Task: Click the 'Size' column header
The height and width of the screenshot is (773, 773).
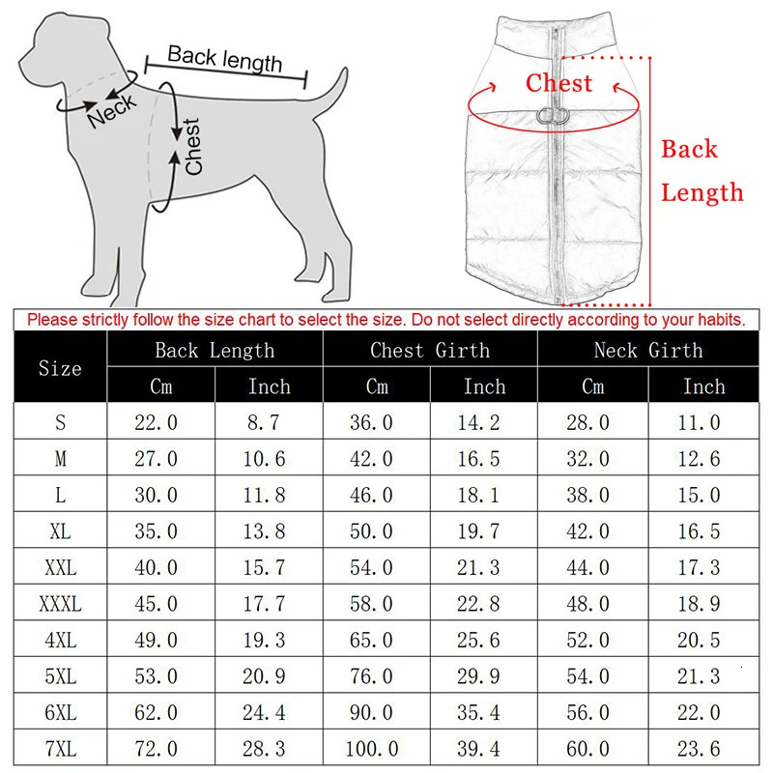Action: click(x=60, y=368)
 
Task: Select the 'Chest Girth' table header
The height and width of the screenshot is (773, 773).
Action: click(x=430, y=350)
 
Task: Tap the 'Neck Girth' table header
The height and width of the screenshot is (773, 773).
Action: click(x=648, y=350)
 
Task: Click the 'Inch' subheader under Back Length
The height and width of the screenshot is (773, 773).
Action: click(x=269, y=386)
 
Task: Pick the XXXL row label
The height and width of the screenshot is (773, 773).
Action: click(x=60, y=605)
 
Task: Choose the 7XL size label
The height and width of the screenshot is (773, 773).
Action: click(x=60, y=749)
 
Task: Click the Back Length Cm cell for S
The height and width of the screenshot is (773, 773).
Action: click(x=156, y=422)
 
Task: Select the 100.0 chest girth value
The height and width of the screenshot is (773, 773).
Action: click(x=371, y=749)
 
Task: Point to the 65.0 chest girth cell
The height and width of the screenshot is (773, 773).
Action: click(x=371, y=641)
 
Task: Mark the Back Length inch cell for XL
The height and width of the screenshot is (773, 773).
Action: click(x=265, y=531)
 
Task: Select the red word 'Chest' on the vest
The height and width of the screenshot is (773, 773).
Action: click(x=558, y=83)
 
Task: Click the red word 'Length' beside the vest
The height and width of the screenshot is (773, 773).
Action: click(x=702, y=192)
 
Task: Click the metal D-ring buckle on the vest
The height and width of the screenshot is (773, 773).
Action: click(x=553, y=116)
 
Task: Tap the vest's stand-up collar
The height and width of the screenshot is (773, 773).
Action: click(x=556, y=29)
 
